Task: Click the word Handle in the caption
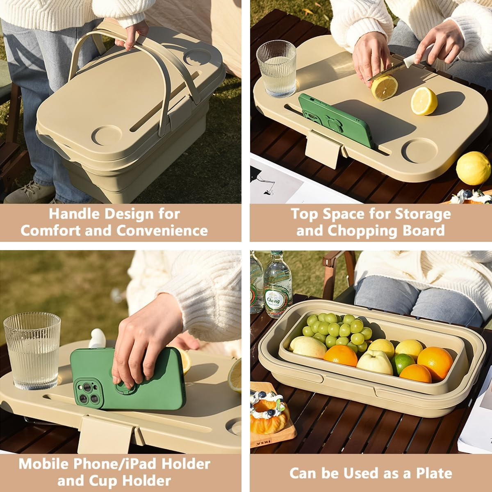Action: pyautogui.click(x=73, y=214)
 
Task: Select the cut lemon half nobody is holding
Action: pyautogui.click(x=424, y=101)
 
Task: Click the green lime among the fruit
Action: pyautogui.click(x=403, y=363)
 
